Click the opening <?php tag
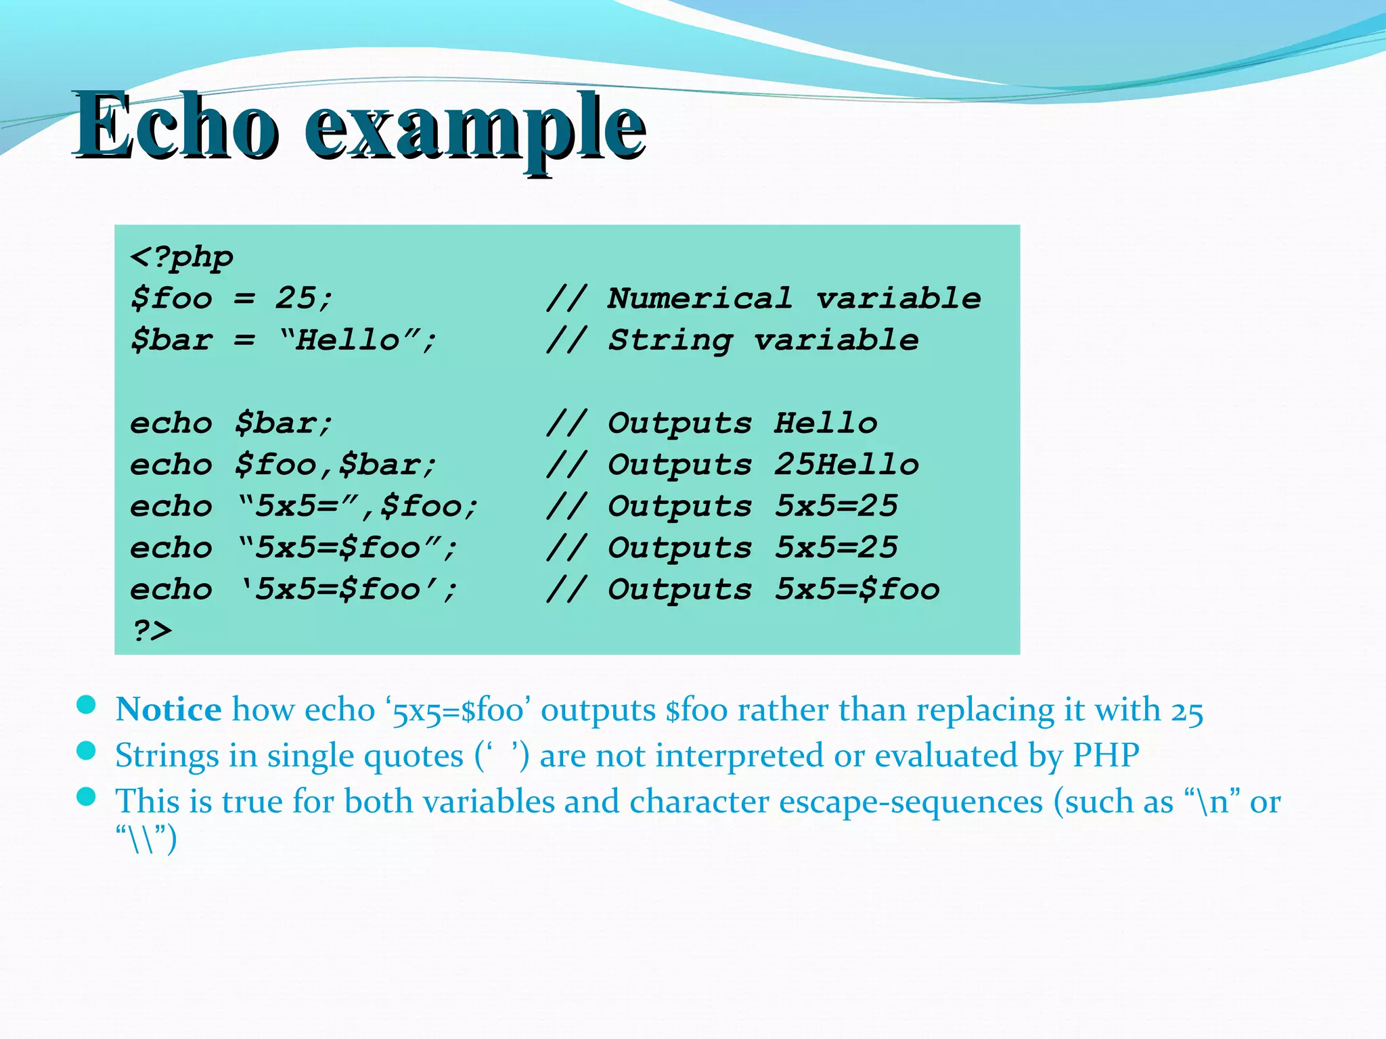click(181, 257)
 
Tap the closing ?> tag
click(152, 630)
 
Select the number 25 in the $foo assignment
click(296, 298)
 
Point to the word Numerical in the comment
click(699, 298)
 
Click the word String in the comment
click(670, 340)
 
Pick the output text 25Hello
click(846, 465)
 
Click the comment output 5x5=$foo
click(857, 589)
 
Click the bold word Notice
click(168, 710)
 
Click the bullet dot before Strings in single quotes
click(86, 751)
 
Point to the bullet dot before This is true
click(86, 796)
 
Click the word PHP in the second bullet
click(1106, 756)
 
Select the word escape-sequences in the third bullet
click(911, 802)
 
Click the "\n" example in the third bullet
click(1212, 802)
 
